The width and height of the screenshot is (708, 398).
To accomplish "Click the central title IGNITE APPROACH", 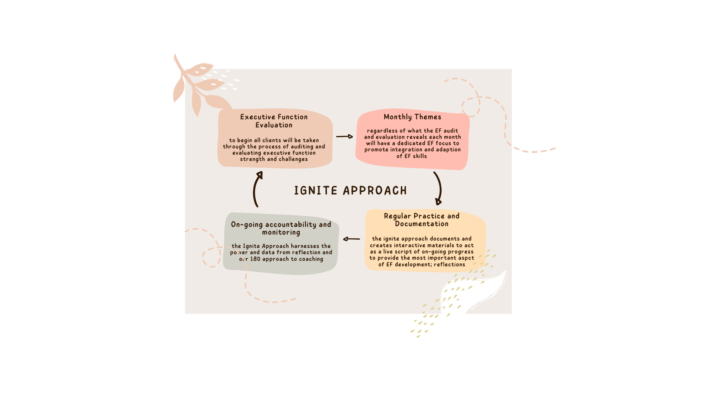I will tap(350, 191).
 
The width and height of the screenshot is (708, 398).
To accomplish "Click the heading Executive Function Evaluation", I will tap(274, 121).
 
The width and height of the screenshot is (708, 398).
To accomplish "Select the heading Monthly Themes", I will tap(412, 117).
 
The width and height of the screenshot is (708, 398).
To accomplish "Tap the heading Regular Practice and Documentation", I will tap(421, 220).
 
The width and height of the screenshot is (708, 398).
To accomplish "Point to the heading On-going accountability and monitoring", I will tap(281, 228).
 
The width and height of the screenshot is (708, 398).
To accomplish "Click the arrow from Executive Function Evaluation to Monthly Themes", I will tap(344, 136).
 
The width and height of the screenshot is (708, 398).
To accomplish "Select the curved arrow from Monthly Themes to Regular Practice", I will tap(438, 188).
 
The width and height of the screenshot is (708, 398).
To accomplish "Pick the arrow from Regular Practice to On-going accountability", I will tap(351, 239).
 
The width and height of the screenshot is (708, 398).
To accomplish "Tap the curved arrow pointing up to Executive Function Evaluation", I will tap(257, 189).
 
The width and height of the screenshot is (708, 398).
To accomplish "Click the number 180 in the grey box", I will tap(255, 259).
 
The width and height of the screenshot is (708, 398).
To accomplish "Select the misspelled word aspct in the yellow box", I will tap(466, 258).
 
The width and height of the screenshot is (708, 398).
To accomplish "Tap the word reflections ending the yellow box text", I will tap(450, 265).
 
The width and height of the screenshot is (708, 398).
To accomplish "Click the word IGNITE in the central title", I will tap(316, 191).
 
